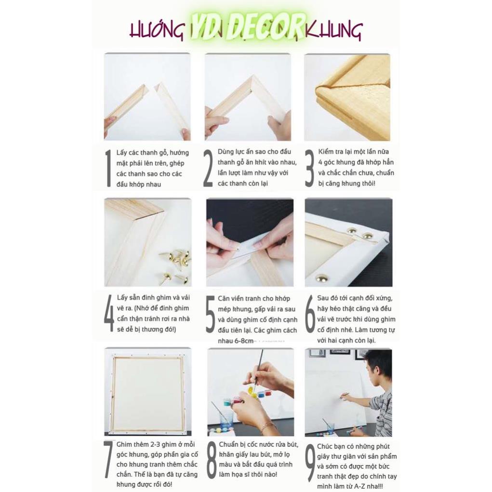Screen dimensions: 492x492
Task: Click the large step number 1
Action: (108, 168)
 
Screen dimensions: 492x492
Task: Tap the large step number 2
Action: (208, 168)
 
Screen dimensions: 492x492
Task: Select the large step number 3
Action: (309, 168)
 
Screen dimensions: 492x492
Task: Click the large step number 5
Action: (210, 314)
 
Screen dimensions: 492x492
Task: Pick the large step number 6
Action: (310, 314)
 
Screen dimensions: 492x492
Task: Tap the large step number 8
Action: (211, 460)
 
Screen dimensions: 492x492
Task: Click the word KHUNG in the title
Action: (333, 30)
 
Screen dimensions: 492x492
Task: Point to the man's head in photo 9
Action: (378, 365)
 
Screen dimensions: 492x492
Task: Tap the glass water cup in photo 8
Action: (226, 418)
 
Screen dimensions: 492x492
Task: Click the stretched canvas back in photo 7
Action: (148, 394)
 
